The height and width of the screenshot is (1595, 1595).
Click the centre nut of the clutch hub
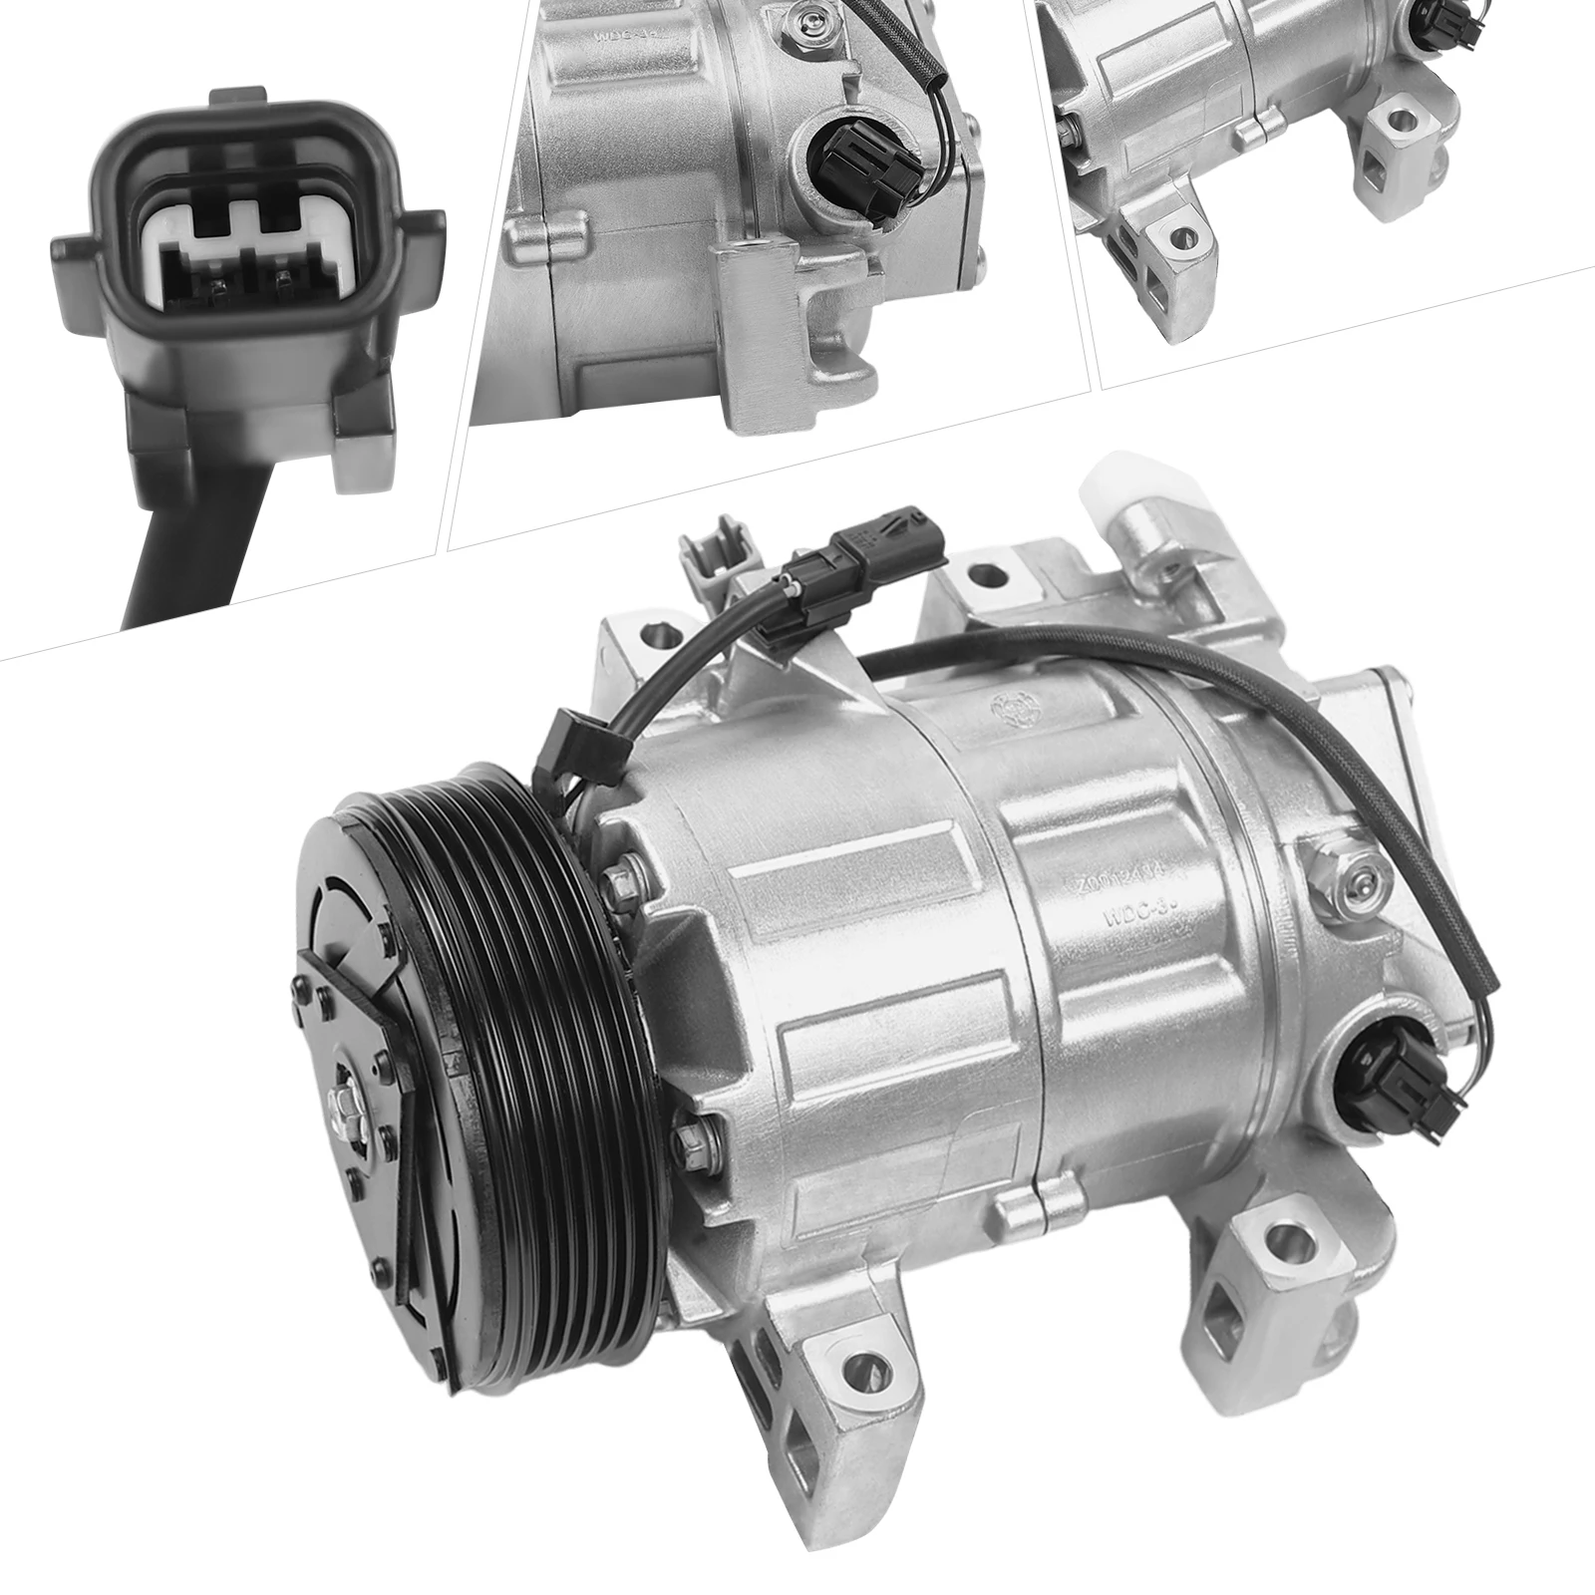pos(342,1103)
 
